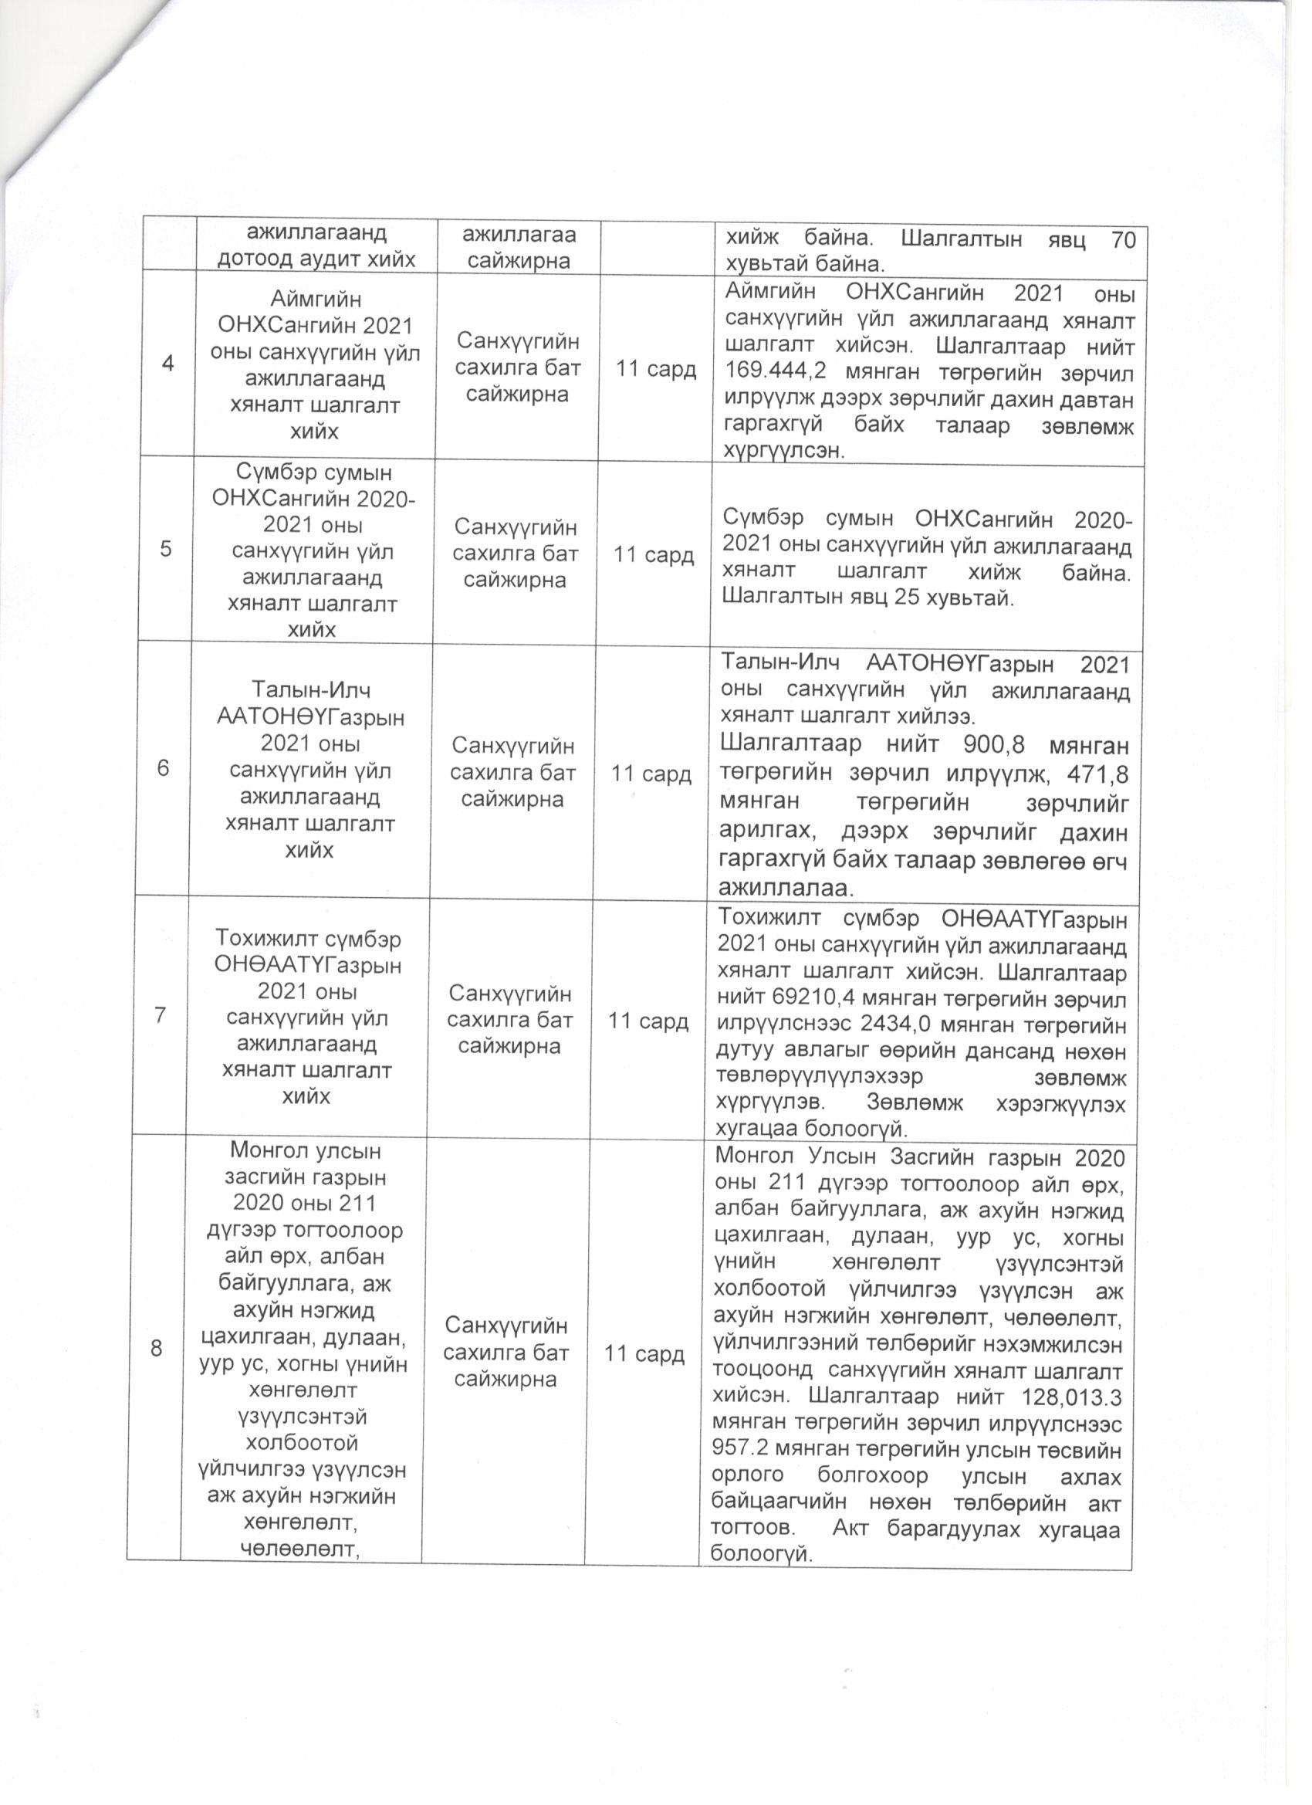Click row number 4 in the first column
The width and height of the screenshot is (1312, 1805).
pyautogui.click(x=168, y=363)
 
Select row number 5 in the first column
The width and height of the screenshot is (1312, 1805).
pyautogui.click(x=165, y=549)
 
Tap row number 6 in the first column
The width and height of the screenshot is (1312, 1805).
pyautogui.click(x=163, y=768)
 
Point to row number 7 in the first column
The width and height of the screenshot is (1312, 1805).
pyautogui.click(x=160, y=1014)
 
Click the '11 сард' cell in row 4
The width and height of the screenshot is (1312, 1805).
pyautogui.click(x=657, y=369)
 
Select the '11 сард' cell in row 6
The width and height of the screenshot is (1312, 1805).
pyautogui.click(x=651, y=774)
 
